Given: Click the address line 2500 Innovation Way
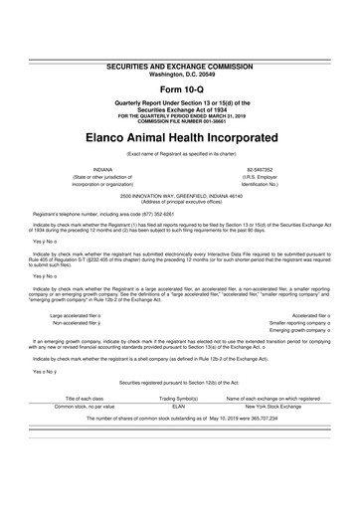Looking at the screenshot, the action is (x=179, y=199).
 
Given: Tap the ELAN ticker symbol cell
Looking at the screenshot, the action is (x=179, y=406).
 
